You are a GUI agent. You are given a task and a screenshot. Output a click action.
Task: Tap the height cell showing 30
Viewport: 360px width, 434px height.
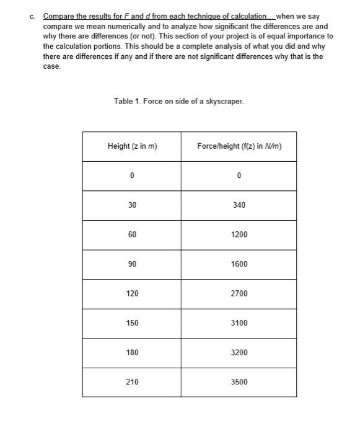point(132,205)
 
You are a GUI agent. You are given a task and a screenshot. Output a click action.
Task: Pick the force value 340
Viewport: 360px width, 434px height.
point(239,205)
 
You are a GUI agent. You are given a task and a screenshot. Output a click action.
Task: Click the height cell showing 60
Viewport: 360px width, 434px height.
point(132,234)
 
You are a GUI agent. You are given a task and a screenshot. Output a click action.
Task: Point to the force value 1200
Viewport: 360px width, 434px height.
point(239,234)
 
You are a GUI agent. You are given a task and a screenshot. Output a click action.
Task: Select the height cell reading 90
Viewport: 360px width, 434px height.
point(132,263)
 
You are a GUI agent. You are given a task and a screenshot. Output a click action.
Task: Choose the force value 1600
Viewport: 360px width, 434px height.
point(239,263)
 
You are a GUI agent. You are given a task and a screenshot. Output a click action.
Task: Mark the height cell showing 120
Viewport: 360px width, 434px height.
point(132,293)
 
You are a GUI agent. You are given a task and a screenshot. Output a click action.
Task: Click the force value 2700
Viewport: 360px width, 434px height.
point(239,293)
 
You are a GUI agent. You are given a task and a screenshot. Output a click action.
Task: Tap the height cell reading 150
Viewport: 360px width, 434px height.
point(132,323)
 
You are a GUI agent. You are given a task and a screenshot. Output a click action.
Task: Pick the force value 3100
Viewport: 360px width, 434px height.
point(239,323)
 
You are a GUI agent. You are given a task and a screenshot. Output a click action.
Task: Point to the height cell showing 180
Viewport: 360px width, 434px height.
point(132,352)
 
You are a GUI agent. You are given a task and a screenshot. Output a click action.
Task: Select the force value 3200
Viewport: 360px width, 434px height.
point(239,352)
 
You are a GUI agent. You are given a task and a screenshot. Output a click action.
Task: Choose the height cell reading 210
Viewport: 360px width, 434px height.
point(132,382)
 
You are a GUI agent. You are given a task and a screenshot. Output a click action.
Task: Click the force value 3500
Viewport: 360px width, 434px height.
point(239,382)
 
